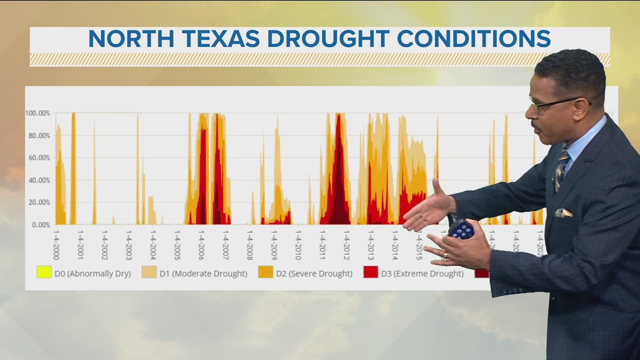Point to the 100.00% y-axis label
point(38,113)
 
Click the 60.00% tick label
point(39,158)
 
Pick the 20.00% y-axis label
point(39,202)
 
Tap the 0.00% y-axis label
point(41,225)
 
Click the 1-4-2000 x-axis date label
point(56,245)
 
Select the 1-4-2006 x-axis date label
point(201,245)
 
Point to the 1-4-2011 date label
point(322,245)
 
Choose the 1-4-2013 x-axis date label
point(371,245)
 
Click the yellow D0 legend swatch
point(44,272)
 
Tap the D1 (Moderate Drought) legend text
point(203,274)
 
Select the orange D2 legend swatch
point(265,272)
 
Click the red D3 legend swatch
point(370,272)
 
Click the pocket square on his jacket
point(564,213)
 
